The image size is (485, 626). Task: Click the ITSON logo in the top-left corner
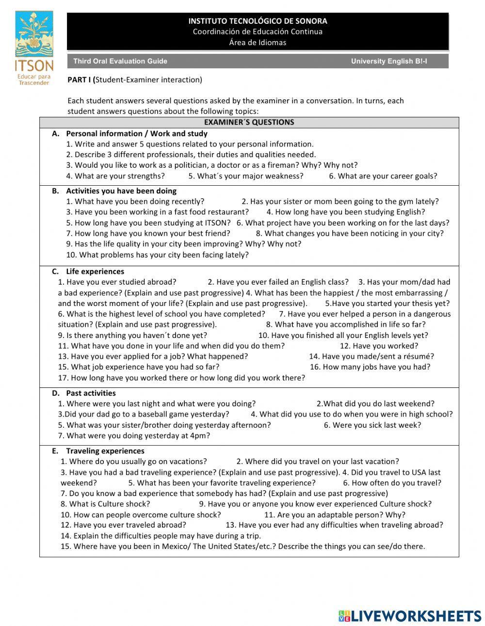point(34,48)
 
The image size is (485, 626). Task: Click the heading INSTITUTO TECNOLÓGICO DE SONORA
point(258,21)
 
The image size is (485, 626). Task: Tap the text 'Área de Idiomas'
point(258,42)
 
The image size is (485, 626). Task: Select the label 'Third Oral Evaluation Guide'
point(120,61)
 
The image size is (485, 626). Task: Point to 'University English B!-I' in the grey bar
point(389,61)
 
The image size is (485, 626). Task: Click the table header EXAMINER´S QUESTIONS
point(249,122)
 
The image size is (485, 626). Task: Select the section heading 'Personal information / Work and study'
point(137,133)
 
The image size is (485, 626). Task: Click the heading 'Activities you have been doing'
point(121,191)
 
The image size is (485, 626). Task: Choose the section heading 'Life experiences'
point(95,271)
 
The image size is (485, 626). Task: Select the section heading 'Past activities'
point(91,393)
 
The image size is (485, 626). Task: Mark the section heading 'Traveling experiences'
point(105,450)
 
